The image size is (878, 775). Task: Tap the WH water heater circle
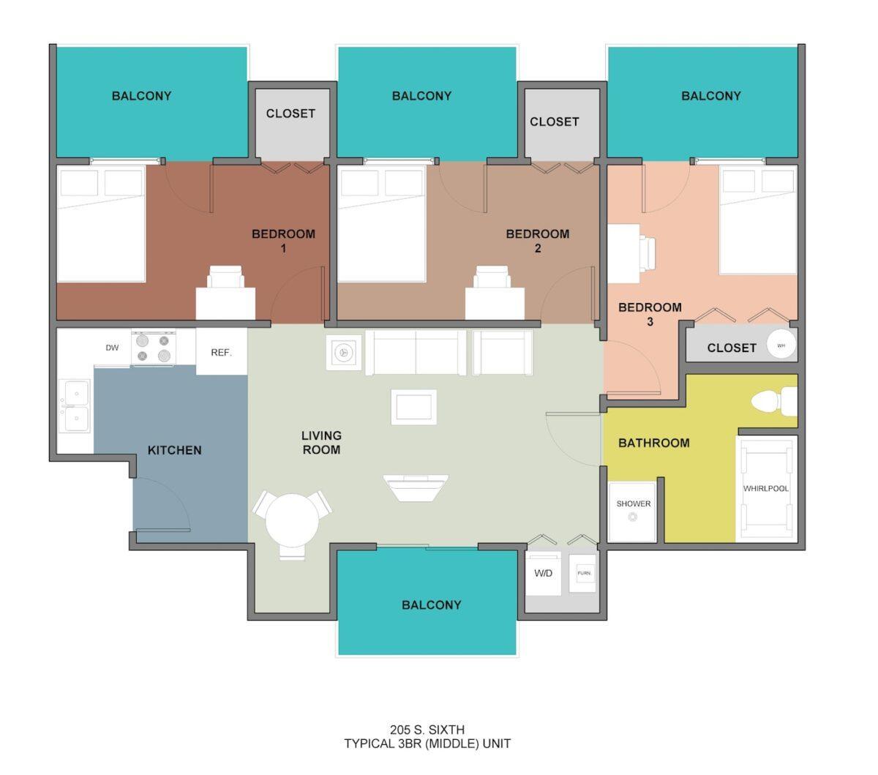781,345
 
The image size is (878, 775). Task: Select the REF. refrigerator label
221,352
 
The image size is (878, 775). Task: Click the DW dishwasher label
112,348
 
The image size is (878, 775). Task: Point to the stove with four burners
153,348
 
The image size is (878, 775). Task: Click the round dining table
292,521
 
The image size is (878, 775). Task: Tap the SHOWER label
633,503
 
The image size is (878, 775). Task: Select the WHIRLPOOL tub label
765,488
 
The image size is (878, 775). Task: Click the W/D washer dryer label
543,573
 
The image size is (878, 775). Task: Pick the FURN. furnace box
584,573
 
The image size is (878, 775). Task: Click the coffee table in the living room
414,407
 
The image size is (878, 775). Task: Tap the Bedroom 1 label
283,241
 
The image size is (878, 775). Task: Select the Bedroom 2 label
537,241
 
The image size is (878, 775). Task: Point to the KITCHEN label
174,450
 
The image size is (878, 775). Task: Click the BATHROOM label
653,443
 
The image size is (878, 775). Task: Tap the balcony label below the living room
431,604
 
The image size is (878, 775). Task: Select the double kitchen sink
75,406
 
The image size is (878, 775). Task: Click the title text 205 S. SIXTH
427,729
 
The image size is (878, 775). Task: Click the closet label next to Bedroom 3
731,348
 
